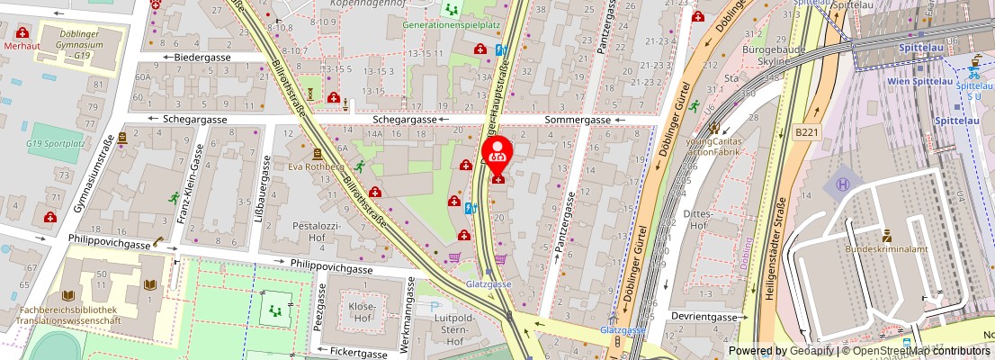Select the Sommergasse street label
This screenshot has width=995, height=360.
coord(577,120)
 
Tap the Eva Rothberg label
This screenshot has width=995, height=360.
coord(316,166)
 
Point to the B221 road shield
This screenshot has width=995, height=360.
coord(806,131)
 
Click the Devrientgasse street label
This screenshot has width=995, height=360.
coord(704,317)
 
